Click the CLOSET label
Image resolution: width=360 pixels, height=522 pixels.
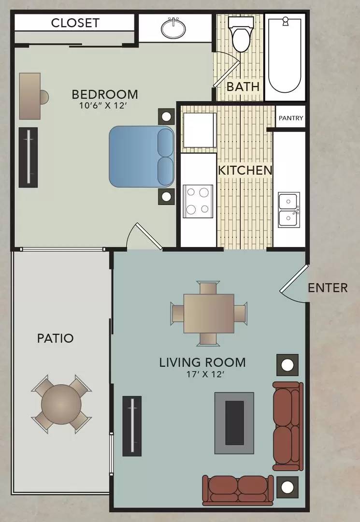point(75,23)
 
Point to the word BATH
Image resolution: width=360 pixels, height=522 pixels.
point(243,87)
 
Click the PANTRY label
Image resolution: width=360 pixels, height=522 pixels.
point(291,118)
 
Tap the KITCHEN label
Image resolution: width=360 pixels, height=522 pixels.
point(245,171)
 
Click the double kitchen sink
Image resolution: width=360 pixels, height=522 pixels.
point(289,210)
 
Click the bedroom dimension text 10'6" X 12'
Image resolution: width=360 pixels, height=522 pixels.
point(104,105)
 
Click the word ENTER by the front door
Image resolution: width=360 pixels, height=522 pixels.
point(328,288)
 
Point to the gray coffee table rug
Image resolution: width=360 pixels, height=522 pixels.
point(234,422)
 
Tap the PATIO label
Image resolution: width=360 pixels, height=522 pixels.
point(55,338)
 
